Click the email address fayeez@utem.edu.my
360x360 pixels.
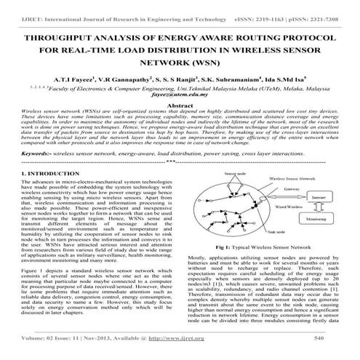click(179, 94)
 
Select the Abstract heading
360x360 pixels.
click(179, 105)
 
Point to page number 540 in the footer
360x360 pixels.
click(321, 338)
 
